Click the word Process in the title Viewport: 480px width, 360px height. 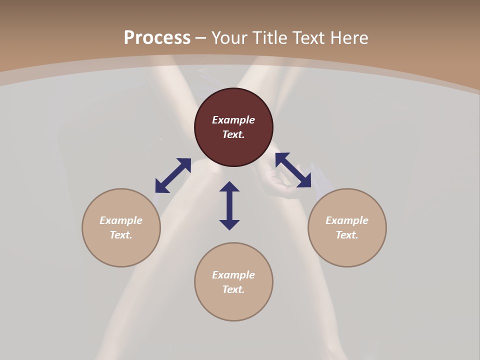157,38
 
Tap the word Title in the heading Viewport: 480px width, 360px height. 269,38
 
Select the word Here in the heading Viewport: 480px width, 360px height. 348,38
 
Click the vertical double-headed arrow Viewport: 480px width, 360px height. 229,205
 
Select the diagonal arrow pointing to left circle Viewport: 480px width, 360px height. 173,175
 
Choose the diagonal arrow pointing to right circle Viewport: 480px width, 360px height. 293,170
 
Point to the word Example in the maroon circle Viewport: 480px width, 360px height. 233,120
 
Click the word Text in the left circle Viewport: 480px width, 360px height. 121,235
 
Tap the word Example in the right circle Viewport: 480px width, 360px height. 347,220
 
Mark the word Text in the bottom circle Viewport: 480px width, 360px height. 233,289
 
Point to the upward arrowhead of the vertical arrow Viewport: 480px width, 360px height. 229,186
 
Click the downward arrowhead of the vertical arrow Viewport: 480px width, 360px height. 229,224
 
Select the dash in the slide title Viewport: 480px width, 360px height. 201,38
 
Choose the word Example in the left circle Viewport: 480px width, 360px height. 121,220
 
